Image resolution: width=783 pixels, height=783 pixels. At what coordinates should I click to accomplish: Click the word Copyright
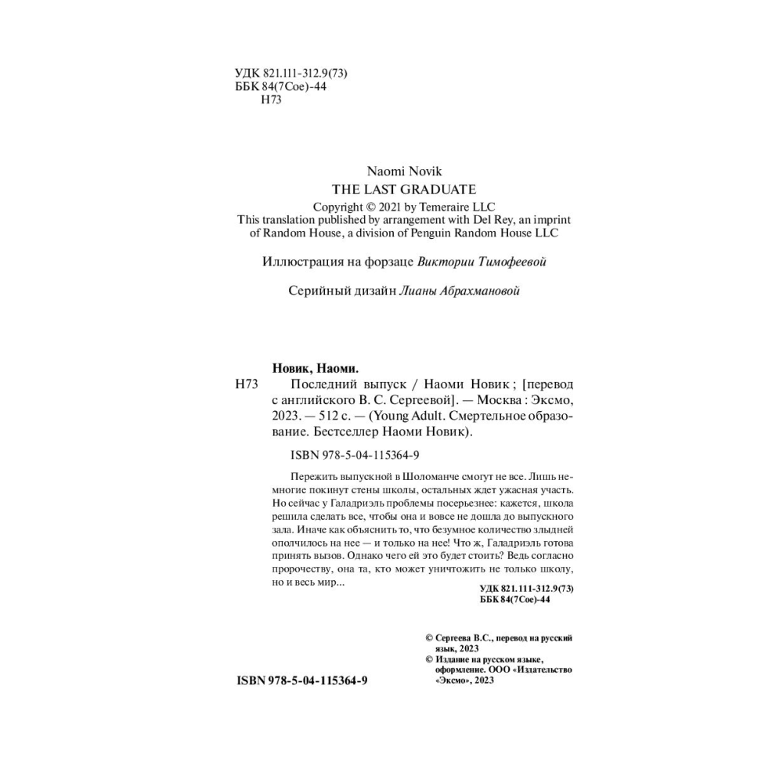click(x=338, y=207)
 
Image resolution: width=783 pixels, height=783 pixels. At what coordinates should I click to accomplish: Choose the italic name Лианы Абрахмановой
click(x=460, y=291)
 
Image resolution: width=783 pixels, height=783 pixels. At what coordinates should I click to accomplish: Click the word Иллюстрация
click(x=301, y=262)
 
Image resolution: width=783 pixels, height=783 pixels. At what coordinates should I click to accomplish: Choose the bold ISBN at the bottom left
click(x=301, y=680)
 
